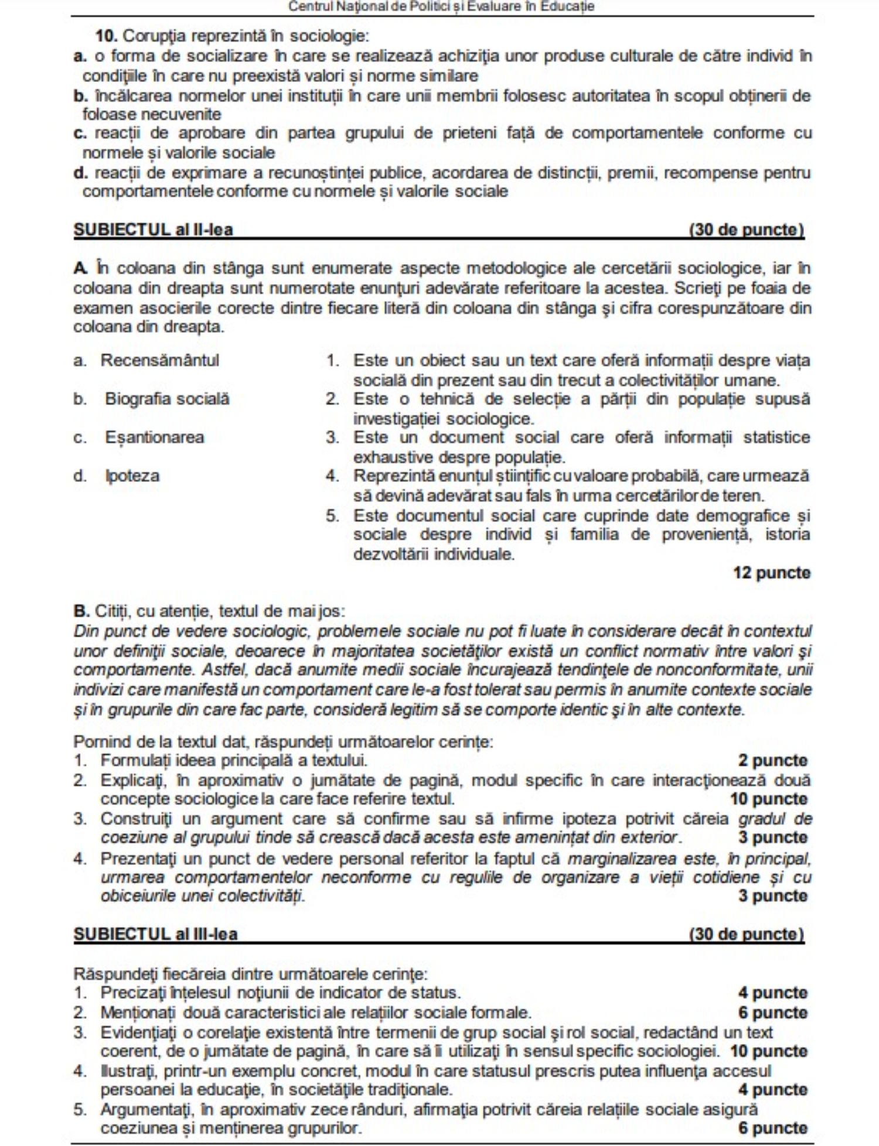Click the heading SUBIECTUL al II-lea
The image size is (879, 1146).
tap(153, 229)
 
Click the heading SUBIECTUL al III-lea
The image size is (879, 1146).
tap(155, 933)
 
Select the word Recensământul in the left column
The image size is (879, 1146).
tap(159, 360)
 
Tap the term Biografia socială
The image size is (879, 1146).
tap(167, 399)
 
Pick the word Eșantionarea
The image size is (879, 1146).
tap(155, 437)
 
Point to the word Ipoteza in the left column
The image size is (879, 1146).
tap(132, 475)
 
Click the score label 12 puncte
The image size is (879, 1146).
tap(771, 573)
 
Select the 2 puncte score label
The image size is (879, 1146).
tap(772, 761)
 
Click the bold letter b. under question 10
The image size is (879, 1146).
tap(80, 95)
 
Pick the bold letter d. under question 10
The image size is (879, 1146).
tap(80, 173)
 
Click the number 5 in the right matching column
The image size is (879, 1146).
tap(332, 516)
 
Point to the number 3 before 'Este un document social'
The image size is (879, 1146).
tap(332, 437)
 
